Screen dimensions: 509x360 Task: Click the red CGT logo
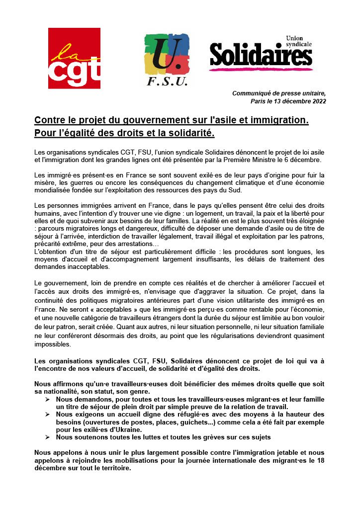[74, 58]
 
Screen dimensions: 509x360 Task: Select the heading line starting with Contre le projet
[172, 120]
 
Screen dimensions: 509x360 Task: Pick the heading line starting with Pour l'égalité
[124, 133]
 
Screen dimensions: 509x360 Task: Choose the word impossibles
[53, 343]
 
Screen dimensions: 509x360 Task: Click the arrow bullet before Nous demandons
[47, 399]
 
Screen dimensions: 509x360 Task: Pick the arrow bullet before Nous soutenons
[47, 437]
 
